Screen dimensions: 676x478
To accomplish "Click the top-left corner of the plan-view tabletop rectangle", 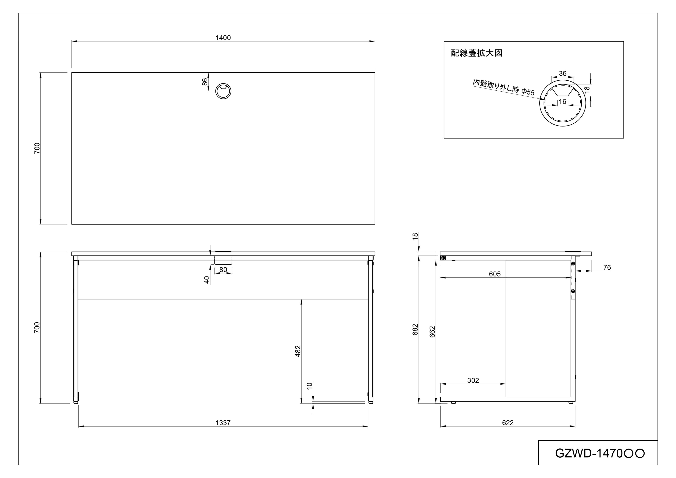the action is [71, 73].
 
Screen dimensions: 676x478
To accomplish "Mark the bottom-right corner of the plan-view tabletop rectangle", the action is [375, 224].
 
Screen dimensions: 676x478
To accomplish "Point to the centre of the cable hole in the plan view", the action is [223, 91].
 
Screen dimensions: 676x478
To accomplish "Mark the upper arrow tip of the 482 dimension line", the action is [301, 299].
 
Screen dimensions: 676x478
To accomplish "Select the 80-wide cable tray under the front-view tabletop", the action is [223, 260].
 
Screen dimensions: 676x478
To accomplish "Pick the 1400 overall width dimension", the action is [223, 38].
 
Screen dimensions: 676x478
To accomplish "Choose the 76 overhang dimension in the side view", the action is [607, 267].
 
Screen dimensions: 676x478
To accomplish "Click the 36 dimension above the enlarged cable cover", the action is [562, 74].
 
